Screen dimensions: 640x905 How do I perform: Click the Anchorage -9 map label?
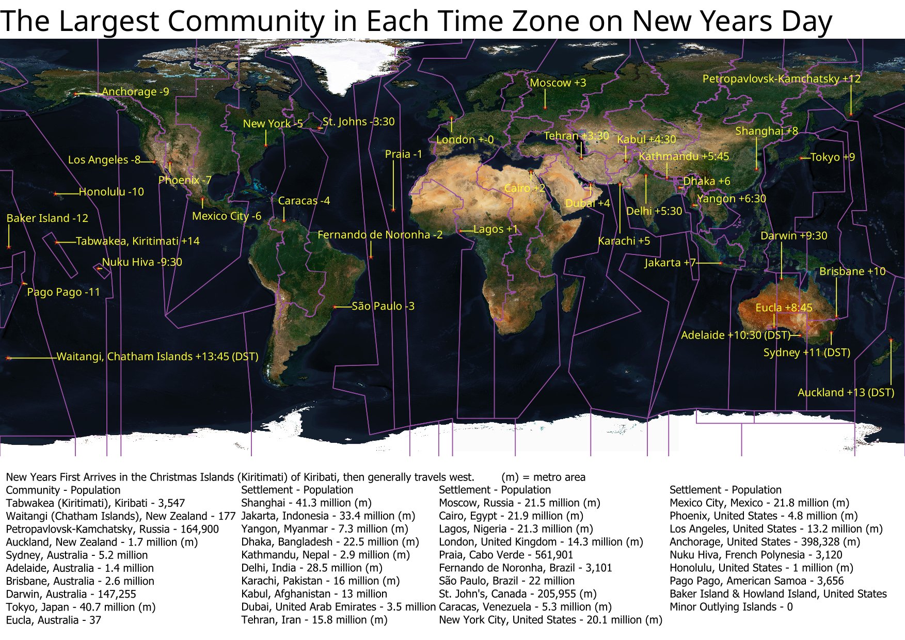point(135,92)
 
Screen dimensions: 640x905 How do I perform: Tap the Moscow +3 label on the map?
point(558,83)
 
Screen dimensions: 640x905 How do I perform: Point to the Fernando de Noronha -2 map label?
point(379,235)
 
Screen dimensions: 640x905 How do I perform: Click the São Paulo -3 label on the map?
point(383,306)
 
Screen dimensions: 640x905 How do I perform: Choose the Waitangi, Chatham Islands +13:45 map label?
point(157,357)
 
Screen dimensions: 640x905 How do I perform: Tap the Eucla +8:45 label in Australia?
point(784,308)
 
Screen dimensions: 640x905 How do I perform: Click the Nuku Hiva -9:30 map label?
point(142,262)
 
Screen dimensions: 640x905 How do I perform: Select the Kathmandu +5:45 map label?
point(684,156)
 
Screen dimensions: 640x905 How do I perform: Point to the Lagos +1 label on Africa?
point(495,229)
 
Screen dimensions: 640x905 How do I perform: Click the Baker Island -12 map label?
point(47,218)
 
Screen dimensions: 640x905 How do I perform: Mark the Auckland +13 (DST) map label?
point(846,392)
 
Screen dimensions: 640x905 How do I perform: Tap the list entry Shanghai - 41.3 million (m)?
point(306,503)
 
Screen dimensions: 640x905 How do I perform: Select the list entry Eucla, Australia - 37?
point(53,620)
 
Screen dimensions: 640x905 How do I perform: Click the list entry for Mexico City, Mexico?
point(759,503)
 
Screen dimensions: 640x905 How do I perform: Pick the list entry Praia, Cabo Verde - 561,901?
point(505,555)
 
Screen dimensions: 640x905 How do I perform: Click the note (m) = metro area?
point(543,477)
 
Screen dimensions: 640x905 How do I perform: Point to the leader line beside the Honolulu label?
point(67,194)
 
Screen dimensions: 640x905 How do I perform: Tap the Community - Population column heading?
point(63,490)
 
